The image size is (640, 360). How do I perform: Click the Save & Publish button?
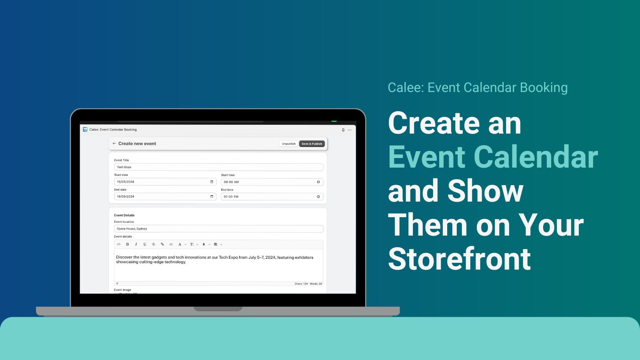tap(312, 144)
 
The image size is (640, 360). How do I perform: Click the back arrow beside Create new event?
tap(114, 143)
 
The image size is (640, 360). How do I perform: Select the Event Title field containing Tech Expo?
tap(218, 167)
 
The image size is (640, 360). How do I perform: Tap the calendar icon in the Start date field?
tap(212, 182)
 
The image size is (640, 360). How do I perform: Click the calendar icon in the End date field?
tap(212, 196)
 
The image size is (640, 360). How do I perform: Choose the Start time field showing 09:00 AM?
tap(268, 182)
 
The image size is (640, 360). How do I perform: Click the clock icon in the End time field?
tap(318, 197)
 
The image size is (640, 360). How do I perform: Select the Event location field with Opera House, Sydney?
tap(218, 229)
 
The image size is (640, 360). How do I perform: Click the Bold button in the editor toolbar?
tap(127, 244)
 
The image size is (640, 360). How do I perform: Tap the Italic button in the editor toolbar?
tap(136, 244)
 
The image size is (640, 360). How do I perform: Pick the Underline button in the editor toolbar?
tap(145, 244)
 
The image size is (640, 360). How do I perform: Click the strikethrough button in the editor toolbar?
tap(154, 244)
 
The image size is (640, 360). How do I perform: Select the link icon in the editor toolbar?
tap(162, 244)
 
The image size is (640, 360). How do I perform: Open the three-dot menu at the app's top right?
tap(350, 130)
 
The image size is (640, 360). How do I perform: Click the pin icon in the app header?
tap(343, 130)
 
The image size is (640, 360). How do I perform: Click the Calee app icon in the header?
tap(85, 130)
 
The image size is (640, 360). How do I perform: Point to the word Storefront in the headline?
tap(459, 259)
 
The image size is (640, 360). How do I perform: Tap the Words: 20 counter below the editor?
tap(316, 284)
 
